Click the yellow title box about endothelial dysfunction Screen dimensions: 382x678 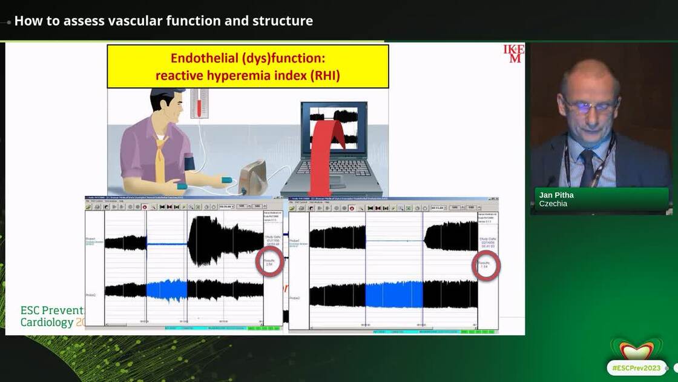248,66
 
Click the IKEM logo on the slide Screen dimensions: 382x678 513,53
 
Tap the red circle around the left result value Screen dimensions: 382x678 269,261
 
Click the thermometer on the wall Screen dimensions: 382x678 199,103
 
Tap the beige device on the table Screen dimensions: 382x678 252,177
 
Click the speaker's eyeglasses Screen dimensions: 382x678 590,107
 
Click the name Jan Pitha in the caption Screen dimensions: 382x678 556,195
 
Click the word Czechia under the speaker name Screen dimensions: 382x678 553,204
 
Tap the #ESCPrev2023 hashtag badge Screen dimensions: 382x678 636,367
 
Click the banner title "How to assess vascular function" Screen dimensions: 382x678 163,21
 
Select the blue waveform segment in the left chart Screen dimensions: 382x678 167,290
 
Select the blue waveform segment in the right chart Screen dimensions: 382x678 393,295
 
